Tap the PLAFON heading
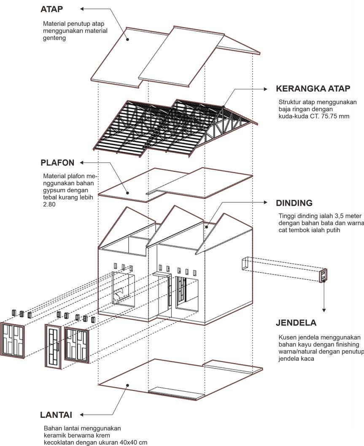(x=58, y=163)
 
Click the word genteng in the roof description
(x=55, y=38)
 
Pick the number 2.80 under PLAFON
(x=50, y=204)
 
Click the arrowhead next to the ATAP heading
(x=83, y=8)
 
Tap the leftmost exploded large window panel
(x=12, y=340)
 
